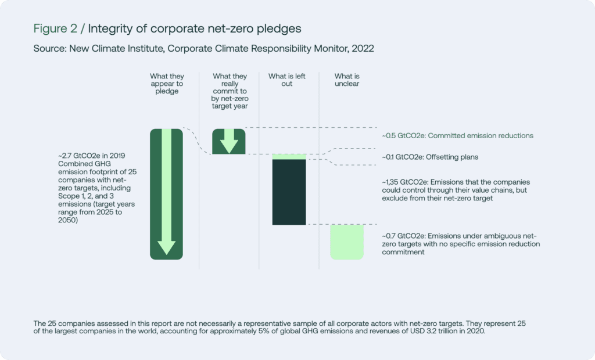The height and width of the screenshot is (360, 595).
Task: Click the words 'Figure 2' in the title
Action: [55, 28]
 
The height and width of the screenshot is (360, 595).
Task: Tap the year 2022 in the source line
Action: [363, 49]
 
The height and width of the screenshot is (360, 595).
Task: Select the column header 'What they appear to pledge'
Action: [167, 84]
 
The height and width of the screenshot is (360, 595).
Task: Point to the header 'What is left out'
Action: [287, 80]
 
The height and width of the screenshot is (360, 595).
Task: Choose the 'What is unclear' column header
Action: [347, 80]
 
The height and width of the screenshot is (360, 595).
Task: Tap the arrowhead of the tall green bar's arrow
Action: [167, 248]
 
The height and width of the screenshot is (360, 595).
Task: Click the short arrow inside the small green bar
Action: [229, 141]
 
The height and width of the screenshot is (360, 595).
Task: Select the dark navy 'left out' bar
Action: [289, 192]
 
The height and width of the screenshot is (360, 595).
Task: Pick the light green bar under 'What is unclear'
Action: [347, 242]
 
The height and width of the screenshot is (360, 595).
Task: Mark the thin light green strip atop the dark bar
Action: [289, 157]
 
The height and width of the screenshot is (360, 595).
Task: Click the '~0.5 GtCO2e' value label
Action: [403, 136]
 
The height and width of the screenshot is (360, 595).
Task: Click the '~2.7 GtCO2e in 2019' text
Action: [91, 156]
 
